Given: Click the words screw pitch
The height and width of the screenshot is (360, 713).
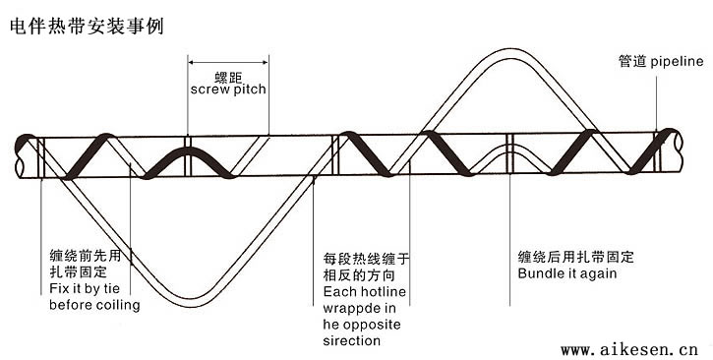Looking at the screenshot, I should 228,90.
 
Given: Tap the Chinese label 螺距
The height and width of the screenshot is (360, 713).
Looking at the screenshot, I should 228,75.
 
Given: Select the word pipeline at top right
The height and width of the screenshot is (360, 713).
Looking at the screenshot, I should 678,61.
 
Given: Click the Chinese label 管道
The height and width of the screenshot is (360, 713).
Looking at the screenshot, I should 633,61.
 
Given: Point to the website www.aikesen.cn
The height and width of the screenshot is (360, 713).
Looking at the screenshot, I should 629,348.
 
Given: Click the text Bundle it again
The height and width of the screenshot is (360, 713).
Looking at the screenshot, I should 567,272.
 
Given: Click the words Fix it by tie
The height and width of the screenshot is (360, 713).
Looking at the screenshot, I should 89,289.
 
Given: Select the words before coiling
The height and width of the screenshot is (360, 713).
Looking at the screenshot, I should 94,305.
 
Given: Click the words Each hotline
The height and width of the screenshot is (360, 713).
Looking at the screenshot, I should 364,293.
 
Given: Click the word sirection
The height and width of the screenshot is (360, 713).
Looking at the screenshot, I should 352,340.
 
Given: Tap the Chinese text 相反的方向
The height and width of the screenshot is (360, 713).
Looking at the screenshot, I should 358,276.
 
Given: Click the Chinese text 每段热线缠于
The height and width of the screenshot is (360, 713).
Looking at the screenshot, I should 365,260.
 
